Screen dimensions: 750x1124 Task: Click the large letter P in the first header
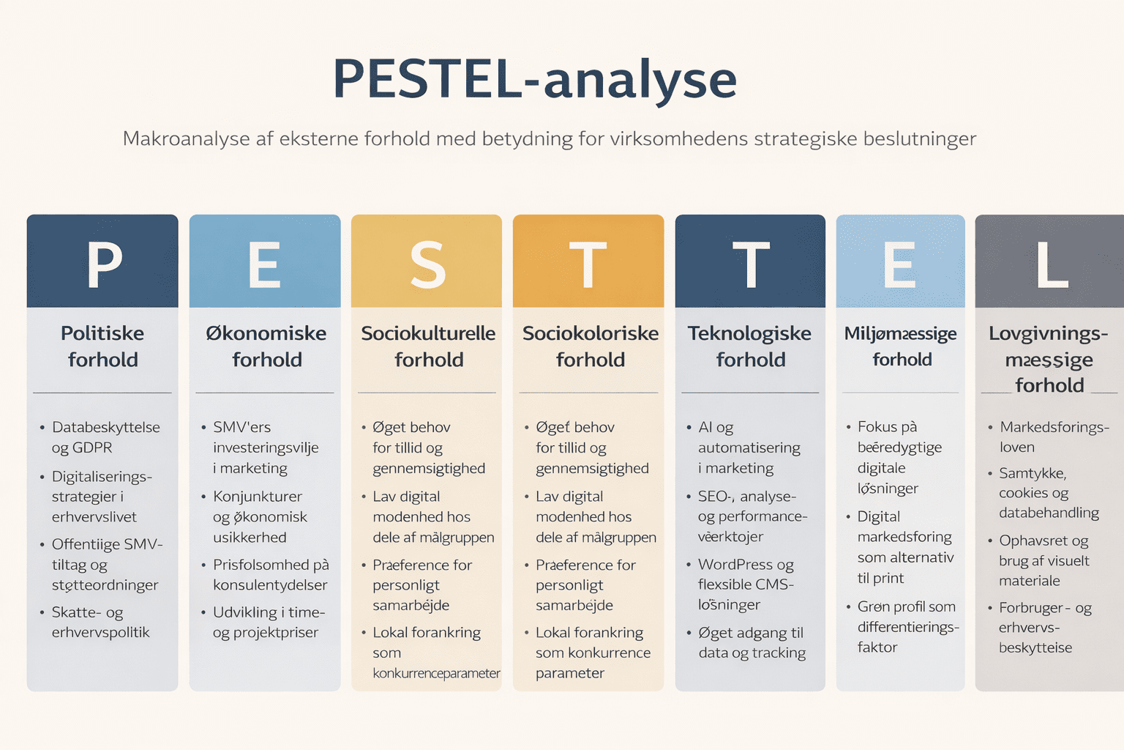[104, 264]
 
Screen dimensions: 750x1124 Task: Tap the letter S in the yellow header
[427, 264]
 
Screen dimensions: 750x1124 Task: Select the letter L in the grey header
[1052, 264]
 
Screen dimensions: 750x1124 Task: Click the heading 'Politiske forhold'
[102, 346]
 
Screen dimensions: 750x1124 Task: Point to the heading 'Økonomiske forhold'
[266, 346]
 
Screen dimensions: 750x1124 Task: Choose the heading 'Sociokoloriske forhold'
[590, 346]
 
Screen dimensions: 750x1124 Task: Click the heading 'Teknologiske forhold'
[750, 346]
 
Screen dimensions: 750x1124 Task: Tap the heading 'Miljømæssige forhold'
[901, 346]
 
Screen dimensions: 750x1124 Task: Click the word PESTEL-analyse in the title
[535, 79]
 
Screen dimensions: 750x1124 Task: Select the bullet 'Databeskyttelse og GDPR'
[105, 437]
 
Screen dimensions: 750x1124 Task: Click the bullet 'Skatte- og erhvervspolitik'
[100, 623]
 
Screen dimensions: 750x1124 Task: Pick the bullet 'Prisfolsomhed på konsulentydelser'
[270, 575]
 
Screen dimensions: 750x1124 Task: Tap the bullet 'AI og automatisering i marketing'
[749, 448]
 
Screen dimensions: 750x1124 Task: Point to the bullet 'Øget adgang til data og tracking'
[752, 642]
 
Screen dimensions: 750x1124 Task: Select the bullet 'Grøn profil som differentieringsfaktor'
[907, 627]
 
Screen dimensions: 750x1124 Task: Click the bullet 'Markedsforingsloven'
[1053, 437]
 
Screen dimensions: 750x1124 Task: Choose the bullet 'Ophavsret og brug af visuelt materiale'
[1044, 561]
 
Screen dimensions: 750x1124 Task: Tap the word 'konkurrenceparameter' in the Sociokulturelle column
[436, 673]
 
